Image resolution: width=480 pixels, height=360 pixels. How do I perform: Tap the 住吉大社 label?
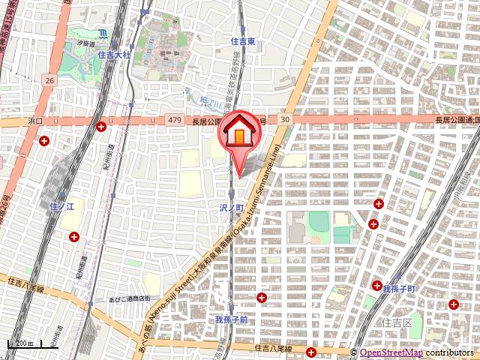tap(114, 55)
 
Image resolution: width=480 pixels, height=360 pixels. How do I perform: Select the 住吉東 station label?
tap(244, 42)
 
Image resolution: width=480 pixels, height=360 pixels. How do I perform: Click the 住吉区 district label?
tap(397, 322)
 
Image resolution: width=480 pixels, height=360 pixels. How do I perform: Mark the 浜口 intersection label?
tap(36, 120)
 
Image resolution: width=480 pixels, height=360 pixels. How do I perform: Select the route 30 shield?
tap(284, 119)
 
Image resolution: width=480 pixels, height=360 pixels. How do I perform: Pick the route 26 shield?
tap(49, 79)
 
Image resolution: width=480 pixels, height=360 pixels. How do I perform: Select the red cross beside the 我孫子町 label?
tap(378, 284)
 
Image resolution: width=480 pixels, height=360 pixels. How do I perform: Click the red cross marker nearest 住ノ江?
tap(74, 237)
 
